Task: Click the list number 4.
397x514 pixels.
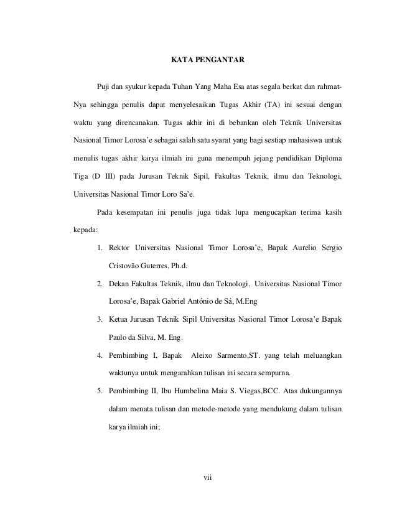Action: click(x=100, y=357)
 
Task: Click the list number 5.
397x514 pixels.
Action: click(x=100, y=392)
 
